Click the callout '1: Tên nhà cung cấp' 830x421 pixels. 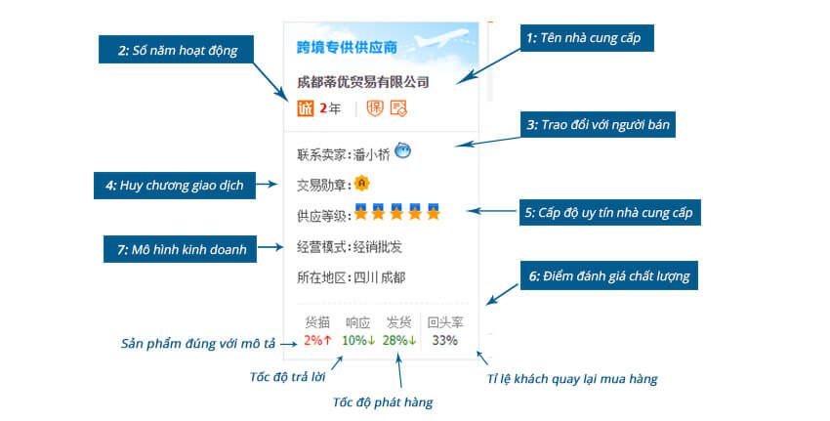click(x=587, y=38)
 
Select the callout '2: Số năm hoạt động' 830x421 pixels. click(x=177, y=50)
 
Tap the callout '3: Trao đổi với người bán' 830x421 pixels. click(x=598, y=124)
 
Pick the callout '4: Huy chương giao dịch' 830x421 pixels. click(x=175, y=186)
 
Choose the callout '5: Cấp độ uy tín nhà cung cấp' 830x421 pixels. click(x=609, y=212)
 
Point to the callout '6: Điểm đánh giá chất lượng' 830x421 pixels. click(x=608, y=275)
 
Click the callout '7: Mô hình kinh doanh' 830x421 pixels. click(x=180, y=249)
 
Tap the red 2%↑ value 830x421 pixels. click(x=318, y=340)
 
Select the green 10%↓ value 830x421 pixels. click(x=358, y=340)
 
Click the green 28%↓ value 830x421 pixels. click(x=399, y=340)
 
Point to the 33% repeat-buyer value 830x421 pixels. click(x=444, y=340)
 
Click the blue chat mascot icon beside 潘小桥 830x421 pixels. click(x=403, y=151)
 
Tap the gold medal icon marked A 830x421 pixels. click(x=362, y=184)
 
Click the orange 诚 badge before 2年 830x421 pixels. click(x=306, y=108)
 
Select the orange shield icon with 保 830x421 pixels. click(x=375, y=108)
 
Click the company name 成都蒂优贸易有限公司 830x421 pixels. click(x=362, y=82)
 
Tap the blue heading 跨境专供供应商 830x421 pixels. click(x=347, y=48)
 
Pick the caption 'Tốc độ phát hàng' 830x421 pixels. click(x=383, y=402)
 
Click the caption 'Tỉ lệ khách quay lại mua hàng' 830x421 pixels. click(x=572, y=379)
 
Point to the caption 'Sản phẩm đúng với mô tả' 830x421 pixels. click(x=198, y=344)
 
